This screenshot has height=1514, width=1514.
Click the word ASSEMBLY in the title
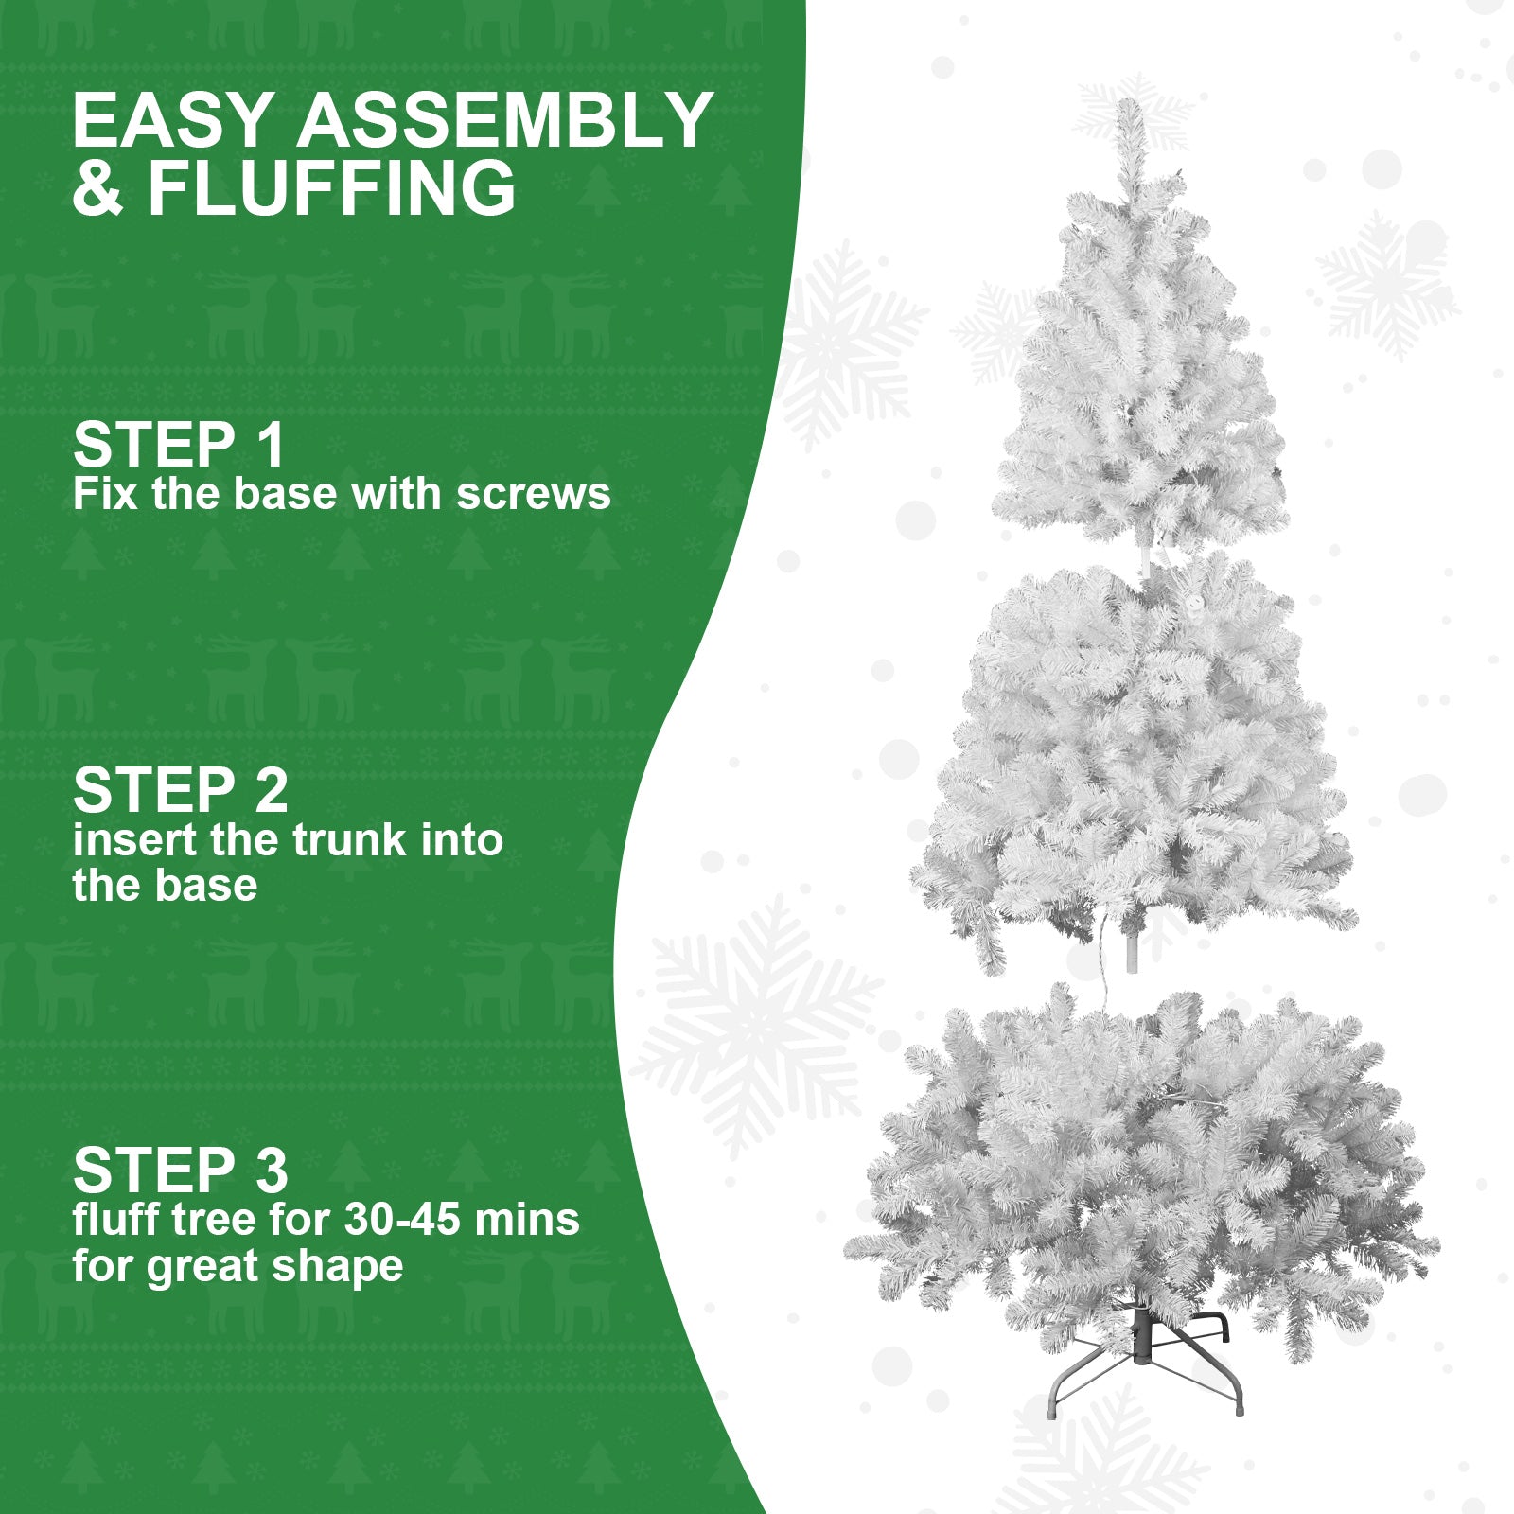[505, 120]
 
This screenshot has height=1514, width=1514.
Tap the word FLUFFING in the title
[332, 188]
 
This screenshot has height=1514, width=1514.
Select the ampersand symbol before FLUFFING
[97, 188]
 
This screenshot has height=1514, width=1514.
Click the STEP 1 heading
[178, 445]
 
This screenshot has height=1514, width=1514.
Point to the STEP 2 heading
[180, 790]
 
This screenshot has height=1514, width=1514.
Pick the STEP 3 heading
[180, 1171]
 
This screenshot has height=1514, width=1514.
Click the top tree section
[1140, 378]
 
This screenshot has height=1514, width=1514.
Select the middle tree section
[1135, 757]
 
